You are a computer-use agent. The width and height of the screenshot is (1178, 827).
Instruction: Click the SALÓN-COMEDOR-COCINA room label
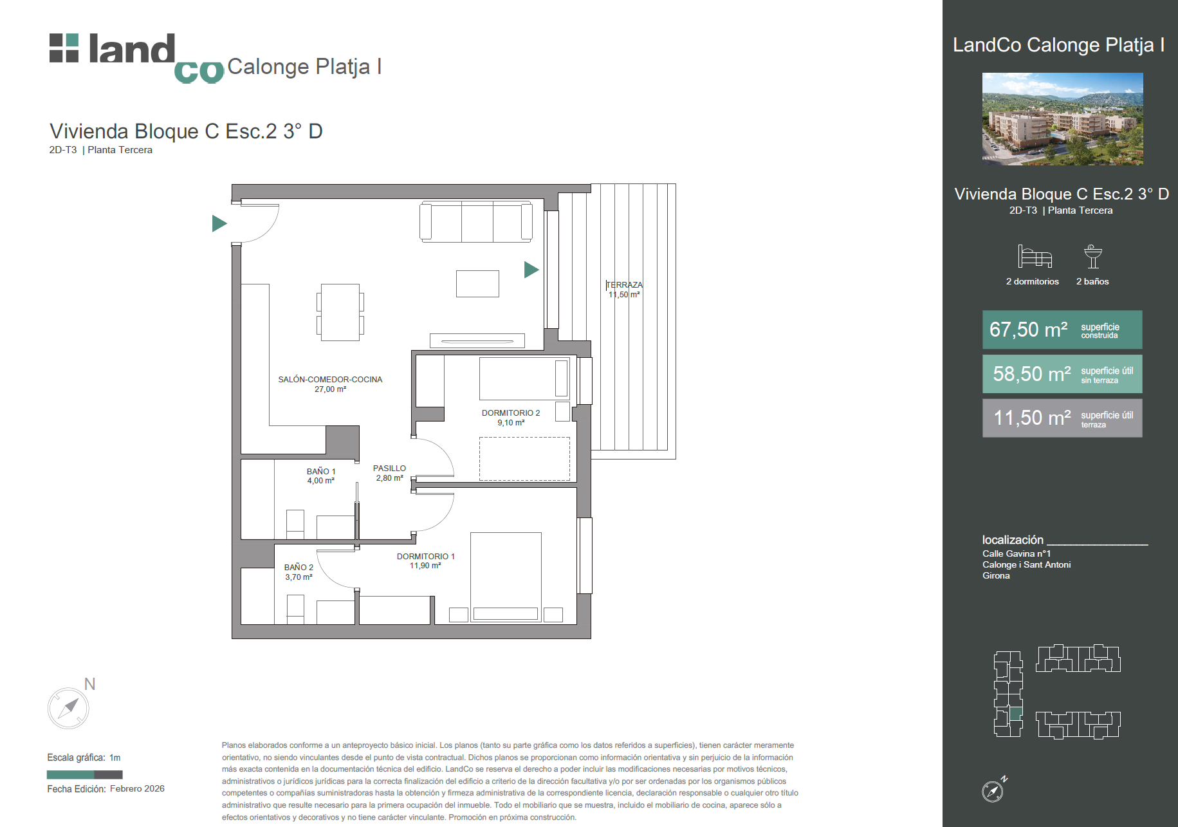tap(330, 380)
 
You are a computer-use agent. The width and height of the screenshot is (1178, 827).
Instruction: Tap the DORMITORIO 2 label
tap(511, 413)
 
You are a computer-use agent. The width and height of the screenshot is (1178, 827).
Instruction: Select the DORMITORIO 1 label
tap(426, 557)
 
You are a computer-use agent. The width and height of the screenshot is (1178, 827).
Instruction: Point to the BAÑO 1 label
tap(321, 472)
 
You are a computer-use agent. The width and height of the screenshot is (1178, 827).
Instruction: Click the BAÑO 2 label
tap(299, 568)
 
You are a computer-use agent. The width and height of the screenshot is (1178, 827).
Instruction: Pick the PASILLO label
tap(389, 469)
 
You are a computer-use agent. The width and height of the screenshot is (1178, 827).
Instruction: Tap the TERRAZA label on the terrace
tap(625, 285)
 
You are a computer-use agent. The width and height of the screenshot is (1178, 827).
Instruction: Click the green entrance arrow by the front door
tap(219, 223)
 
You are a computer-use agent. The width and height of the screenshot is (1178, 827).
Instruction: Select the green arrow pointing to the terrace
tap(531, 270)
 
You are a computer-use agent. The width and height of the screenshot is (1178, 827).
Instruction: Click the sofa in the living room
tap(476, 222)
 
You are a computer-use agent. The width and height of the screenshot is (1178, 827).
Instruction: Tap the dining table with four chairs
tap(340, 313)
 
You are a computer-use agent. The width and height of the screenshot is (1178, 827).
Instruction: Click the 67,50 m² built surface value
tap(1028, 330)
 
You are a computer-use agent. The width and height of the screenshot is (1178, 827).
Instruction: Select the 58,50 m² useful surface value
tap(1032, 374)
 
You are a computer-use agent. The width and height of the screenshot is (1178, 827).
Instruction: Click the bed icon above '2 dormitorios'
tap(1035, 256)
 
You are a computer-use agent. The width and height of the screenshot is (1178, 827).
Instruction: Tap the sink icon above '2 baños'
tap(1092, 256)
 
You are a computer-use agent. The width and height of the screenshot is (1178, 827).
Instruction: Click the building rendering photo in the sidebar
tap(1062, 119)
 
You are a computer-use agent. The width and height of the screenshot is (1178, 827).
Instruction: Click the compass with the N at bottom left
tap(68, 708)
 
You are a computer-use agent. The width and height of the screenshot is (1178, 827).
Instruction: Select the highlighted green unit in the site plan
tap(1016, 713)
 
